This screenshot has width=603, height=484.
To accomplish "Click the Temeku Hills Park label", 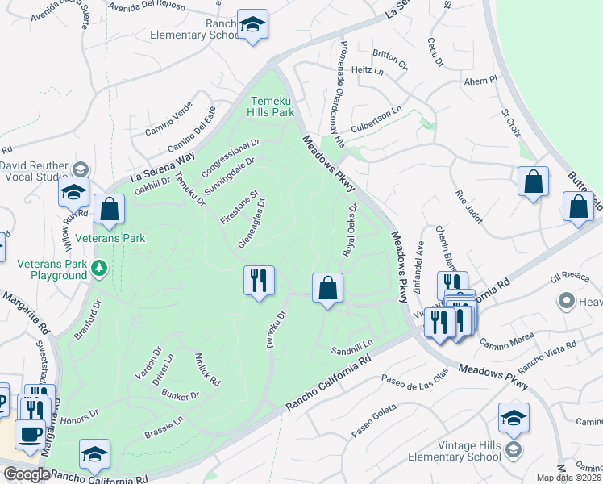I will point(270,106).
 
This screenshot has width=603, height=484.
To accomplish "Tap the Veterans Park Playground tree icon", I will point(99,268).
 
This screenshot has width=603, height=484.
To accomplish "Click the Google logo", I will point(26,474).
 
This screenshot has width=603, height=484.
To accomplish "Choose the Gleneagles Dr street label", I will point(252,224).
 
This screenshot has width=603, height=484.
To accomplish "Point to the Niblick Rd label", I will point(207,369).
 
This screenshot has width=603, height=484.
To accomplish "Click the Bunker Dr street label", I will point(180,395).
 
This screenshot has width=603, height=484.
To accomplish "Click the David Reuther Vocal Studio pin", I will point(80,169).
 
